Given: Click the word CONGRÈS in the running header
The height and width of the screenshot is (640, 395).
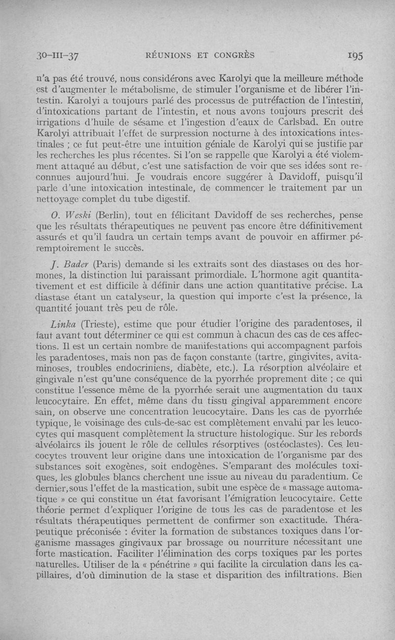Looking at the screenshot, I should click(234, 55).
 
